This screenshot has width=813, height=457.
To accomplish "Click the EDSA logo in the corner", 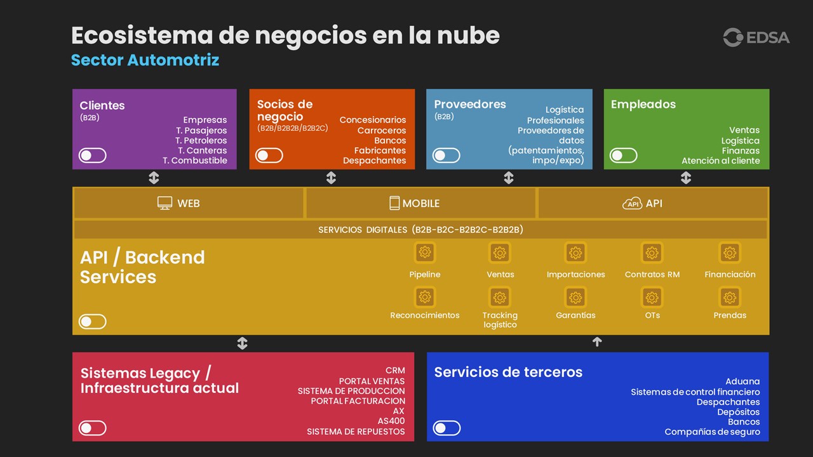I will (x=756, y=37).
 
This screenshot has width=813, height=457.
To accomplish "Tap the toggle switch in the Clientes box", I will (x=92, y=156).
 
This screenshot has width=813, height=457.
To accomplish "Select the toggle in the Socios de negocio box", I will (x=269, y=156).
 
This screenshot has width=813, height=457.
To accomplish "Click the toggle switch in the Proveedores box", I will (x=446, y=156).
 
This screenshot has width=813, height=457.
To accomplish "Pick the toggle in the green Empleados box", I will (x=623, y=156).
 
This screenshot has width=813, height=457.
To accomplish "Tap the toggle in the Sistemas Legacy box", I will (x=92, y=428).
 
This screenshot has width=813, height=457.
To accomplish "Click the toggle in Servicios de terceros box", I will (x=447, y=428).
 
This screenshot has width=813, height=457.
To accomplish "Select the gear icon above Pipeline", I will (x=425, y=253).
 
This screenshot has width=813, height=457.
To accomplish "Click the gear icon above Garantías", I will (x=575, y=297).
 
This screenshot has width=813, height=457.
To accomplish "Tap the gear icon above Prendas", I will (x=730, y=297).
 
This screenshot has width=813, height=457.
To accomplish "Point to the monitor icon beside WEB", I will (x=165, y=203).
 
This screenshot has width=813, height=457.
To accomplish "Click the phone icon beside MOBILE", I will (x=394, y=203).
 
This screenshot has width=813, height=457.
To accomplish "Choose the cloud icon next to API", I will (x=632, y=203).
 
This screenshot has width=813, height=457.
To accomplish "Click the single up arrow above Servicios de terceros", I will (x=596, y=342).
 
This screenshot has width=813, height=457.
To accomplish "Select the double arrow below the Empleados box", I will (x=685, y=178).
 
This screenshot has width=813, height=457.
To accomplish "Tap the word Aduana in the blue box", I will (x=742, y=381).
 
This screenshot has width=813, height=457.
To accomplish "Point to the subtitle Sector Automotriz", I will (x=145, y=60).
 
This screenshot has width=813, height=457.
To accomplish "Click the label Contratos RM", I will (x=652, y=275).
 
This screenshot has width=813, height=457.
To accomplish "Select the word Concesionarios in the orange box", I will (x=372, y=120).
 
